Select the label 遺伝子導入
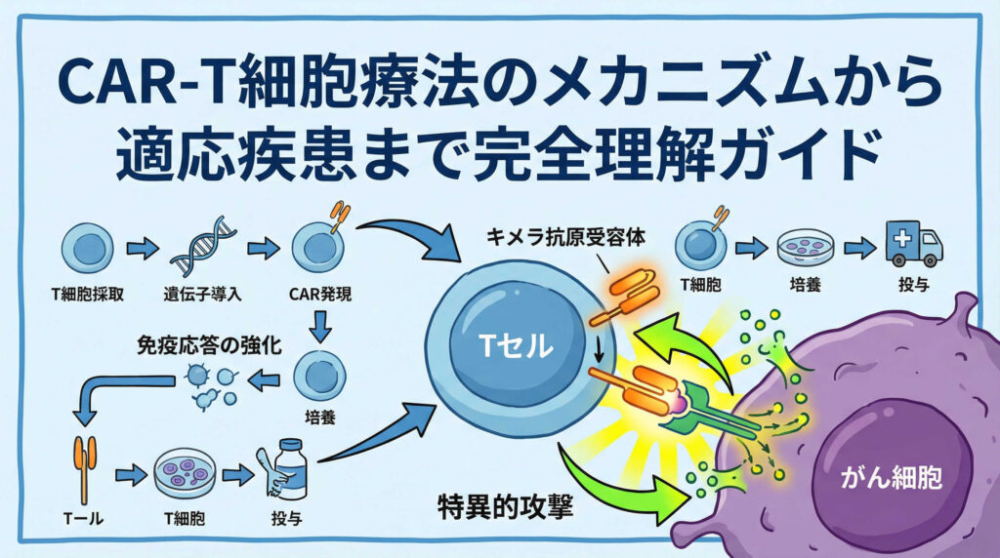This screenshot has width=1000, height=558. click(x=197, y=291)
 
